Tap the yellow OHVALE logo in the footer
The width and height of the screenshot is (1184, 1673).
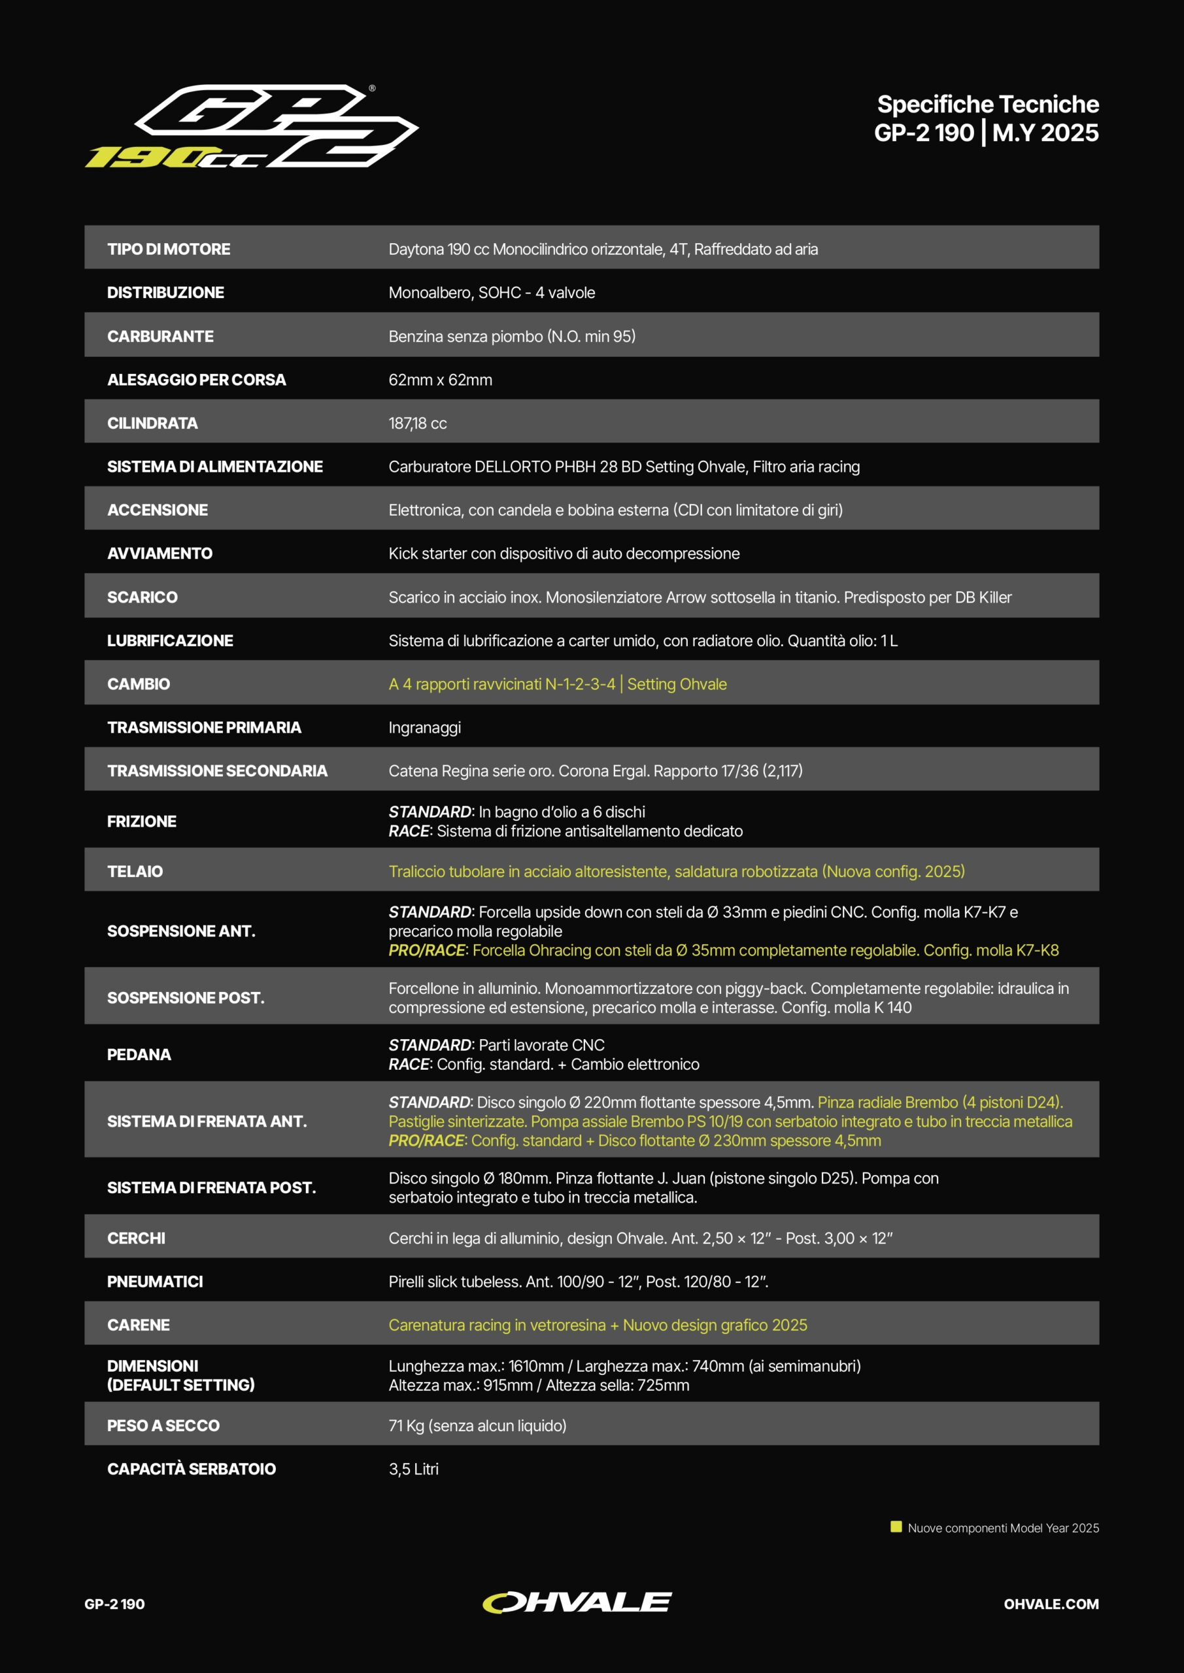(577, 1602)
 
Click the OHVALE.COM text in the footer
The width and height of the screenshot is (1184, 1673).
(1051, 1604)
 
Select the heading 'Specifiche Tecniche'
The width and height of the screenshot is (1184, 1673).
(987, 104)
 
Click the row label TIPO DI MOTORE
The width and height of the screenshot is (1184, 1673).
(169, 249)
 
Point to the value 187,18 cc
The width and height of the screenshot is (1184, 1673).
(417, 423)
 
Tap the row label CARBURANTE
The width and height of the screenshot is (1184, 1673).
(160, 337)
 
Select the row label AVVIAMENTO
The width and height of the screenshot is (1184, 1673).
(160, 554)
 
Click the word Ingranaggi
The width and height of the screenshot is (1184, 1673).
(424, 728)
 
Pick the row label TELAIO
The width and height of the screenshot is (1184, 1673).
(135, 872)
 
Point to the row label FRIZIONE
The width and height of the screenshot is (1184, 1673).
(141, 822)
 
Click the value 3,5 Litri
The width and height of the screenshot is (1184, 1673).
(413, 1469)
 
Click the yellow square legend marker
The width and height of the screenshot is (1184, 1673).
(896, 1527)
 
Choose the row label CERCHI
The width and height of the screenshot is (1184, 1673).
(137, 1238)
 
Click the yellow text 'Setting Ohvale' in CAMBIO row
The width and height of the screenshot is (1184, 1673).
(677, 684)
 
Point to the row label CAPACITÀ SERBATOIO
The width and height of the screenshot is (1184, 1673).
(191, 1469)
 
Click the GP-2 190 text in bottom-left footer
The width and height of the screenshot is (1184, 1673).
(114, 1604)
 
